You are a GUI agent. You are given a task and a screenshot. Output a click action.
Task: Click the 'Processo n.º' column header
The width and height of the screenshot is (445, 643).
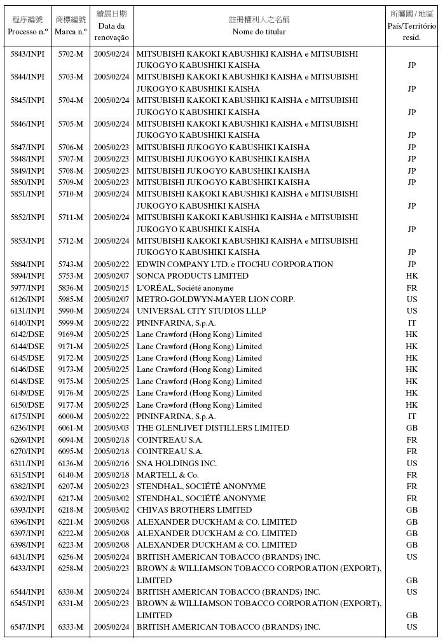click(27, 31)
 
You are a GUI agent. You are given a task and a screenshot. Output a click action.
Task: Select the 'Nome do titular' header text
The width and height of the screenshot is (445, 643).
click(259, 31)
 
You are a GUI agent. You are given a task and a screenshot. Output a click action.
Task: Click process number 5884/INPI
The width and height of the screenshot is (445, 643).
click(27, 265)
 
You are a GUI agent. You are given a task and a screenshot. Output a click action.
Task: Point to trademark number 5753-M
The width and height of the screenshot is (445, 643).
click(71, 276)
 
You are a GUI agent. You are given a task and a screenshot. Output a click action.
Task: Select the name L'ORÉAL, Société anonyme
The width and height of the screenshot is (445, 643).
click(185, 288)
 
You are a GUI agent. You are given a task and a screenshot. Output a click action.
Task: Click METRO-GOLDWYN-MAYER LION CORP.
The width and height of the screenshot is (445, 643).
click(216, 300)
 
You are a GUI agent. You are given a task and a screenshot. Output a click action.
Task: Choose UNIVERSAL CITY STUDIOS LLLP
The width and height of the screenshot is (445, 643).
click(201, 311)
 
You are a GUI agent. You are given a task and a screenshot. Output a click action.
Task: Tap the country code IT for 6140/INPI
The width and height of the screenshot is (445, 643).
click(411, 323)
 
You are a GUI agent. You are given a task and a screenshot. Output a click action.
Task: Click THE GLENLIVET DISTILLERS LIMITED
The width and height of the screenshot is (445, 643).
click(213, 428)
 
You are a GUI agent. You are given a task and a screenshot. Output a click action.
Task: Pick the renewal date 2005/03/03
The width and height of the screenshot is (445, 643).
click(111, 428)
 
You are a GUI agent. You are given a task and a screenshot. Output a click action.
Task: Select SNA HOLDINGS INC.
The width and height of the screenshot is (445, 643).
click(177, 464)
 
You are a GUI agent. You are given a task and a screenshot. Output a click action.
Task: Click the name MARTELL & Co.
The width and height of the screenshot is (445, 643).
click(168, 475)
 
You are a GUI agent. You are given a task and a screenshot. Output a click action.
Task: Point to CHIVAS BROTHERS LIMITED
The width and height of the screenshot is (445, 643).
click(194, 510)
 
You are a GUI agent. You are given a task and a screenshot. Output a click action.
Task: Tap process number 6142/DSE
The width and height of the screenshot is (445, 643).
click(27, 335)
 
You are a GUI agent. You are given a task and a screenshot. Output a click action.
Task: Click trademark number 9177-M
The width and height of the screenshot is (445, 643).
click(71, 405)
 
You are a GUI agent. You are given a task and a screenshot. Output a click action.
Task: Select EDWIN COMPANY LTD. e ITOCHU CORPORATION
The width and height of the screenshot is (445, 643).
click(235, 265)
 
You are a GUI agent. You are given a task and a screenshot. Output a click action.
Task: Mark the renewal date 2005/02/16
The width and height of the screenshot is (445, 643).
click(111, 464)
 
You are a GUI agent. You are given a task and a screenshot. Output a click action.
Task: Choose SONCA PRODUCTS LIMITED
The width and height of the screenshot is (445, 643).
click(193, 276)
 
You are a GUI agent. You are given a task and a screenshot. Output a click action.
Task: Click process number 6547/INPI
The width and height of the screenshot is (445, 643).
click(27, 627)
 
